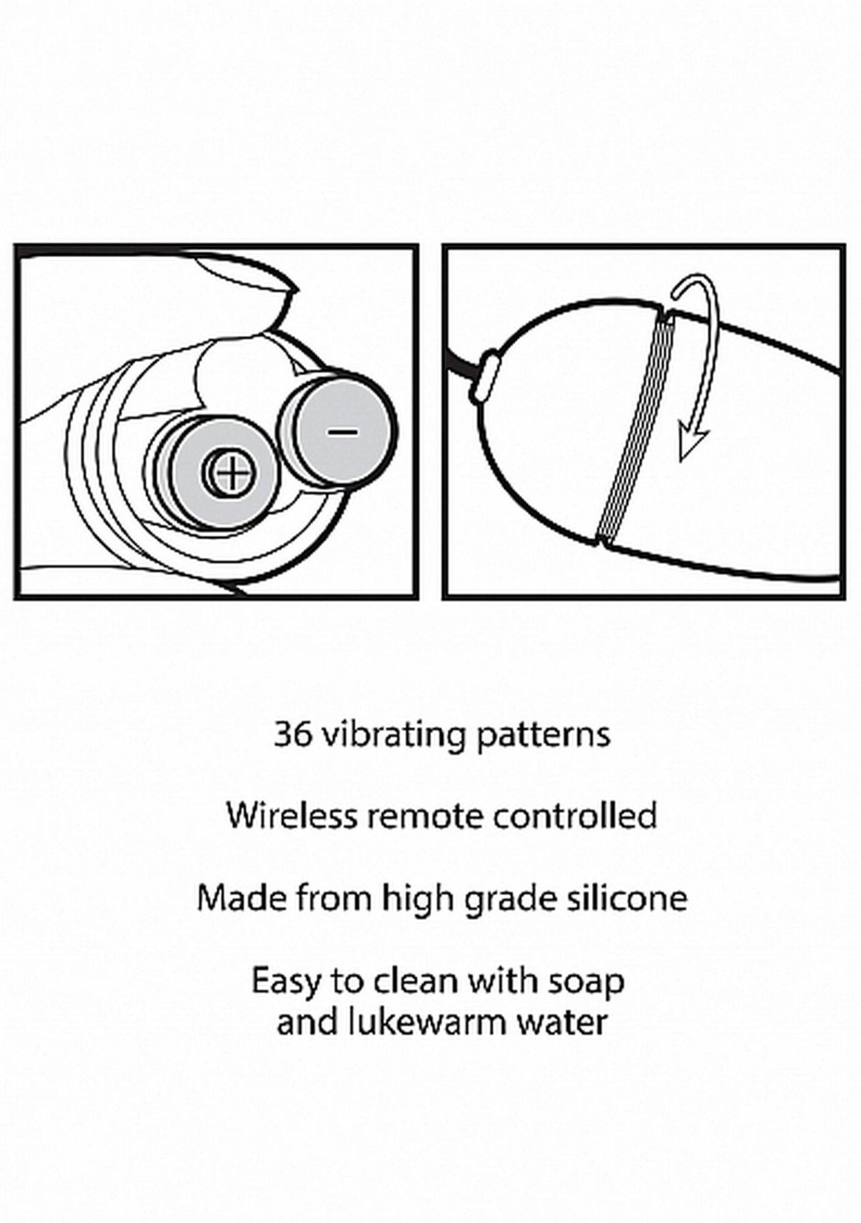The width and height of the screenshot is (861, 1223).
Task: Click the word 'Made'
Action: tap(241, 898)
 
